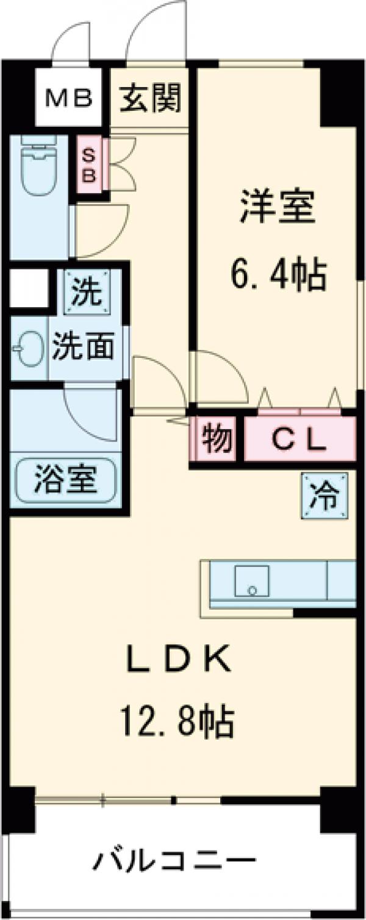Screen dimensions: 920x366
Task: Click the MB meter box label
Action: [x=70, y=98]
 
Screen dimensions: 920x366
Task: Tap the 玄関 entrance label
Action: [x=150, y=98]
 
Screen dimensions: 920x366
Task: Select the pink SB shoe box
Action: [x=89, y=166]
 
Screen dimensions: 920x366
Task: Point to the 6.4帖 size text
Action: [x=278, y=274]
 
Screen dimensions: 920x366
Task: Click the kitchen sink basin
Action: [x=253, y=580]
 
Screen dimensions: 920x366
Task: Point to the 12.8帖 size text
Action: [x=179, y=722]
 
